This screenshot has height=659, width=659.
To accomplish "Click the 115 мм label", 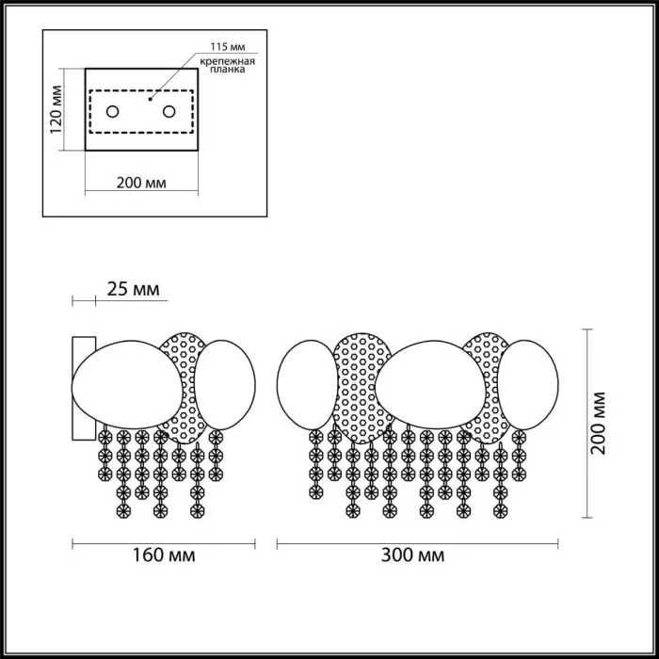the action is [228, 47].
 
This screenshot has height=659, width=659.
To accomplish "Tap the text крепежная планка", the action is [228, 66].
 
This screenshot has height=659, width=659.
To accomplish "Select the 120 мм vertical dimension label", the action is [56, 109].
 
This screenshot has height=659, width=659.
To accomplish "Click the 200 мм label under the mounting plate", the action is [141, 183].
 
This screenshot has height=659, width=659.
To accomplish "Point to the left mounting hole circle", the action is [112, 112].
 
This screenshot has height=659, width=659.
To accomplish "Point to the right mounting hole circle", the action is [169, 112].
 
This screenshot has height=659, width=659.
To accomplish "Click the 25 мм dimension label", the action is [134, 289].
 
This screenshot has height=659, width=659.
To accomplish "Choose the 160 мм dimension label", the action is [164, 555].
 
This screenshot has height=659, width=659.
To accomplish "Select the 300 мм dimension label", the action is [412, 555].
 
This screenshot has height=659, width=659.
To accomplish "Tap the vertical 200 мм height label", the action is [599, 423].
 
